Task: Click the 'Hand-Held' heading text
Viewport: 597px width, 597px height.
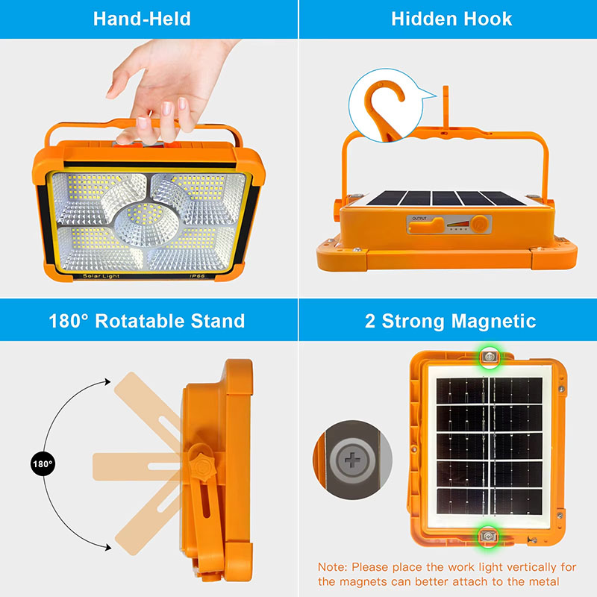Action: pos(142,19)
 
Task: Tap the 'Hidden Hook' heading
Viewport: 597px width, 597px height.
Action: pos(451,19)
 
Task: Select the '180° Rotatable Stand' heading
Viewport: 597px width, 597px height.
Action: pos(147,321)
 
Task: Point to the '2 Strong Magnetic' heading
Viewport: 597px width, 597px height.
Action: pos(451,321)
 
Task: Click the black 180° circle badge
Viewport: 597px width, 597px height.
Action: pos(43,463)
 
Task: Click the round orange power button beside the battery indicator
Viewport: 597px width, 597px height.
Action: pos(480,224)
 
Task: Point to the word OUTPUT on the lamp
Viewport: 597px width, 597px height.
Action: pos(419,219)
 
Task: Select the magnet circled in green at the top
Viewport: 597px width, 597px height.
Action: pos(490,357)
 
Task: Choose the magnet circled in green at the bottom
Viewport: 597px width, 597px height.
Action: pos(488,536)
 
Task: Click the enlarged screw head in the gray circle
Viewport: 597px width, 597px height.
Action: pos(352,460)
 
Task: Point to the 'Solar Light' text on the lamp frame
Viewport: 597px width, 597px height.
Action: pos(101,276)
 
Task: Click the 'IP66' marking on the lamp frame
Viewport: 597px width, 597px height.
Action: pos(197,276)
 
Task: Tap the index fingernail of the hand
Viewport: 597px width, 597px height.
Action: pos(143,122)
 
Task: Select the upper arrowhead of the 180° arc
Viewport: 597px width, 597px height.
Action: pos(107,381)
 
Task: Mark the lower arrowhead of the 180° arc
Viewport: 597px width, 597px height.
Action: pos(108,548)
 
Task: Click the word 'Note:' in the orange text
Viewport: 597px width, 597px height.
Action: pos(332,567)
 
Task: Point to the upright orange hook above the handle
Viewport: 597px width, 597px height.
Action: pos(446,107)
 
